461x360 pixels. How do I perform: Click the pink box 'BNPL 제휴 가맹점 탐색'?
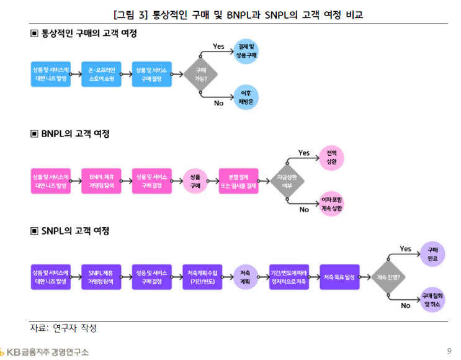tap(102, 181)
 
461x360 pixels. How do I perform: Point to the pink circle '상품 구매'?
tap(195, 181)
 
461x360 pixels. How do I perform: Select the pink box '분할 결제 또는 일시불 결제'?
tap(238, 181)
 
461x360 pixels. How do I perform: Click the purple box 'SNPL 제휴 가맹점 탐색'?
tap(102, 277)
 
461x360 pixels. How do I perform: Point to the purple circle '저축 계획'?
tap(245, 277)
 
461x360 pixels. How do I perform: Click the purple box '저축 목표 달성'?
tap(339, 277)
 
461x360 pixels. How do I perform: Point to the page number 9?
tap(449, 351)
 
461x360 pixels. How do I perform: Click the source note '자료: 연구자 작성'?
tap(63, 328)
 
